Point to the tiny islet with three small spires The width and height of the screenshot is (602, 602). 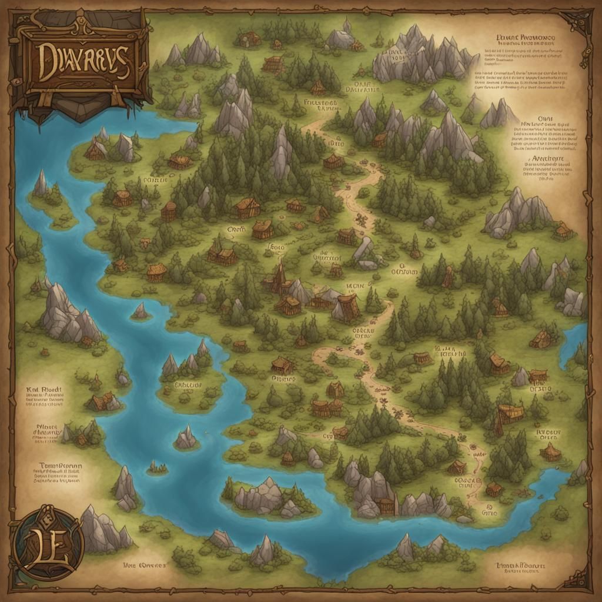(x=157, y=467)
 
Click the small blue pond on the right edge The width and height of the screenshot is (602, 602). (x=573, y=344)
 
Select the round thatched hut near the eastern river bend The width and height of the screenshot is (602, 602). (x=550, y=451)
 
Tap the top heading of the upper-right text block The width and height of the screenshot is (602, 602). (x=525, y=37)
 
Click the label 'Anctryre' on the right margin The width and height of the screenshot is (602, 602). (x=548, y=159)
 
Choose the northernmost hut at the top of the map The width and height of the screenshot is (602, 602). (x=249, y=39)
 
